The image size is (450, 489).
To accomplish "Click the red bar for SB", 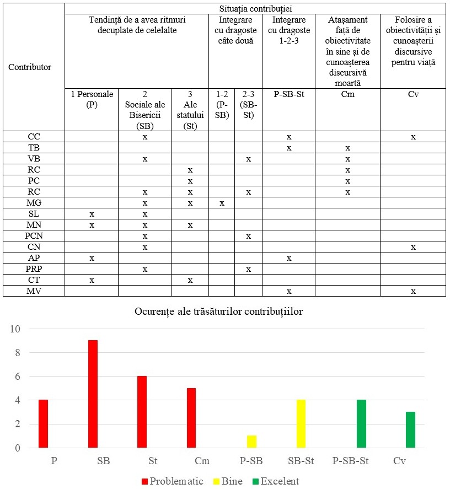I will (x=93, y=394).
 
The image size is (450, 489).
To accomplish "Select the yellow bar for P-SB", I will (x=251, y=442).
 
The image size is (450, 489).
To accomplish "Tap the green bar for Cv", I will (x=411, y=430).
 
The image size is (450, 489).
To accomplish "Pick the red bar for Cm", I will (x=192, y=418).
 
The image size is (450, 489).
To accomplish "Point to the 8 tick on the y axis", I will (x=16, y=353).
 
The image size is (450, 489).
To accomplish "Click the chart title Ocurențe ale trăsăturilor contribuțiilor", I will (x=218, y=311).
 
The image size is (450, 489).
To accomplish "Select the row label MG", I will (x=34, y=203).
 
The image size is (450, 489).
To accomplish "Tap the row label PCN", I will (x=34, y=236).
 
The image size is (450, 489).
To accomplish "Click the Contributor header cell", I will (x=30, y=67).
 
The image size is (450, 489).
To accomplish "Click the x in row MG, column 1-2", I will (x=222, y=203).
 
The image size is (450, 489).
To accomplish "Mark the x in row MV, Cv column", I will (x=413, y=291).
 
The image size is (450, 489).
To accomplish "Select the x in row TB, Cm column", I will (x=347, y=148).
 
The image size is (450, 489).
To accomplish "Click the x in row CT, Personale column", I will (x=92, y=280).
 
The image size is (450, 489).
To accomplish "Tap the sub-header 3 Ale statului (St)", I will (x=190, y=110).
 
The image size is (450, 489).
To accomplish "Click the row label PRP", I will (x=34, y=269).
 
